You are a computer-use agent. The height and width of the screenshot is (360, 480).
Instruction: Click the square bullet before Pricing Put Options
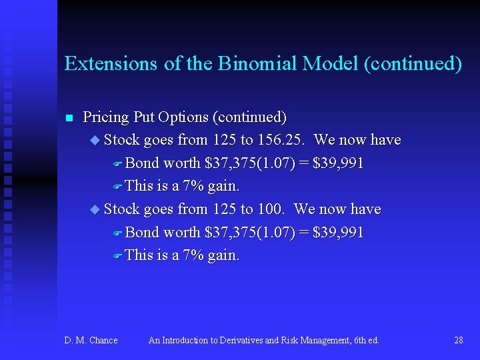(68, 119)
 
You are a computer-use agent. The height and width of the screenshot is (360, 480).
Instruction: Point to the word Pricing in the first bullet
(105, 118)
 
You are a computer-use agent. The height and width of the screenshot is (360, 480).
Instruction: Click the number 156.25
(283, 140)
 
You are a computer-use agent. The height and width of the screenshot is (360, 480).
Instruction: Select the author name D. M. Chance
(91, 341)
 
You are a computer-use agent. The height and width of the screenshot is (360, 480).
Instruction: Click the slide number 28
(458, 341)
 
